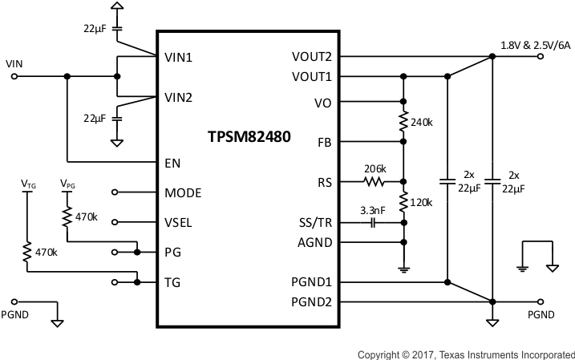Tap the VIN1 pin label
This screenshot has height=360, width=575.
[178, 58]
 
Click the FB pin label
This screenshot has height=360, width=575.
[325, 142]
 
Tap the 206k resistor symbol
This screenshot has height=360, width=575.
[375, 182]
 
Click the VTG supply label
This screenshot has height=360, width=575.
[28, 183]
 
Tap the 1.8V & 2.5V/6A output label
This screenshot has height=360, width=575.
[535, 45]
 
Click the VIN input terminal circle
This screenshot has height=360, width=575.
[15, 77]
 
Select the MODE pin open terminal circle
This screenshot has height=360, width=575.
[115, 192]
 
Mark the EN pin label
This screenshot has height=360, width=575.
[172, 163]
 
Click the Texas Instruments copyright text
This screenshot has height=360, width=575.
[465, 354]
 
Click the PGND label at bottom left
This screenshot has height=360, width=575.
[15, 314]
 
